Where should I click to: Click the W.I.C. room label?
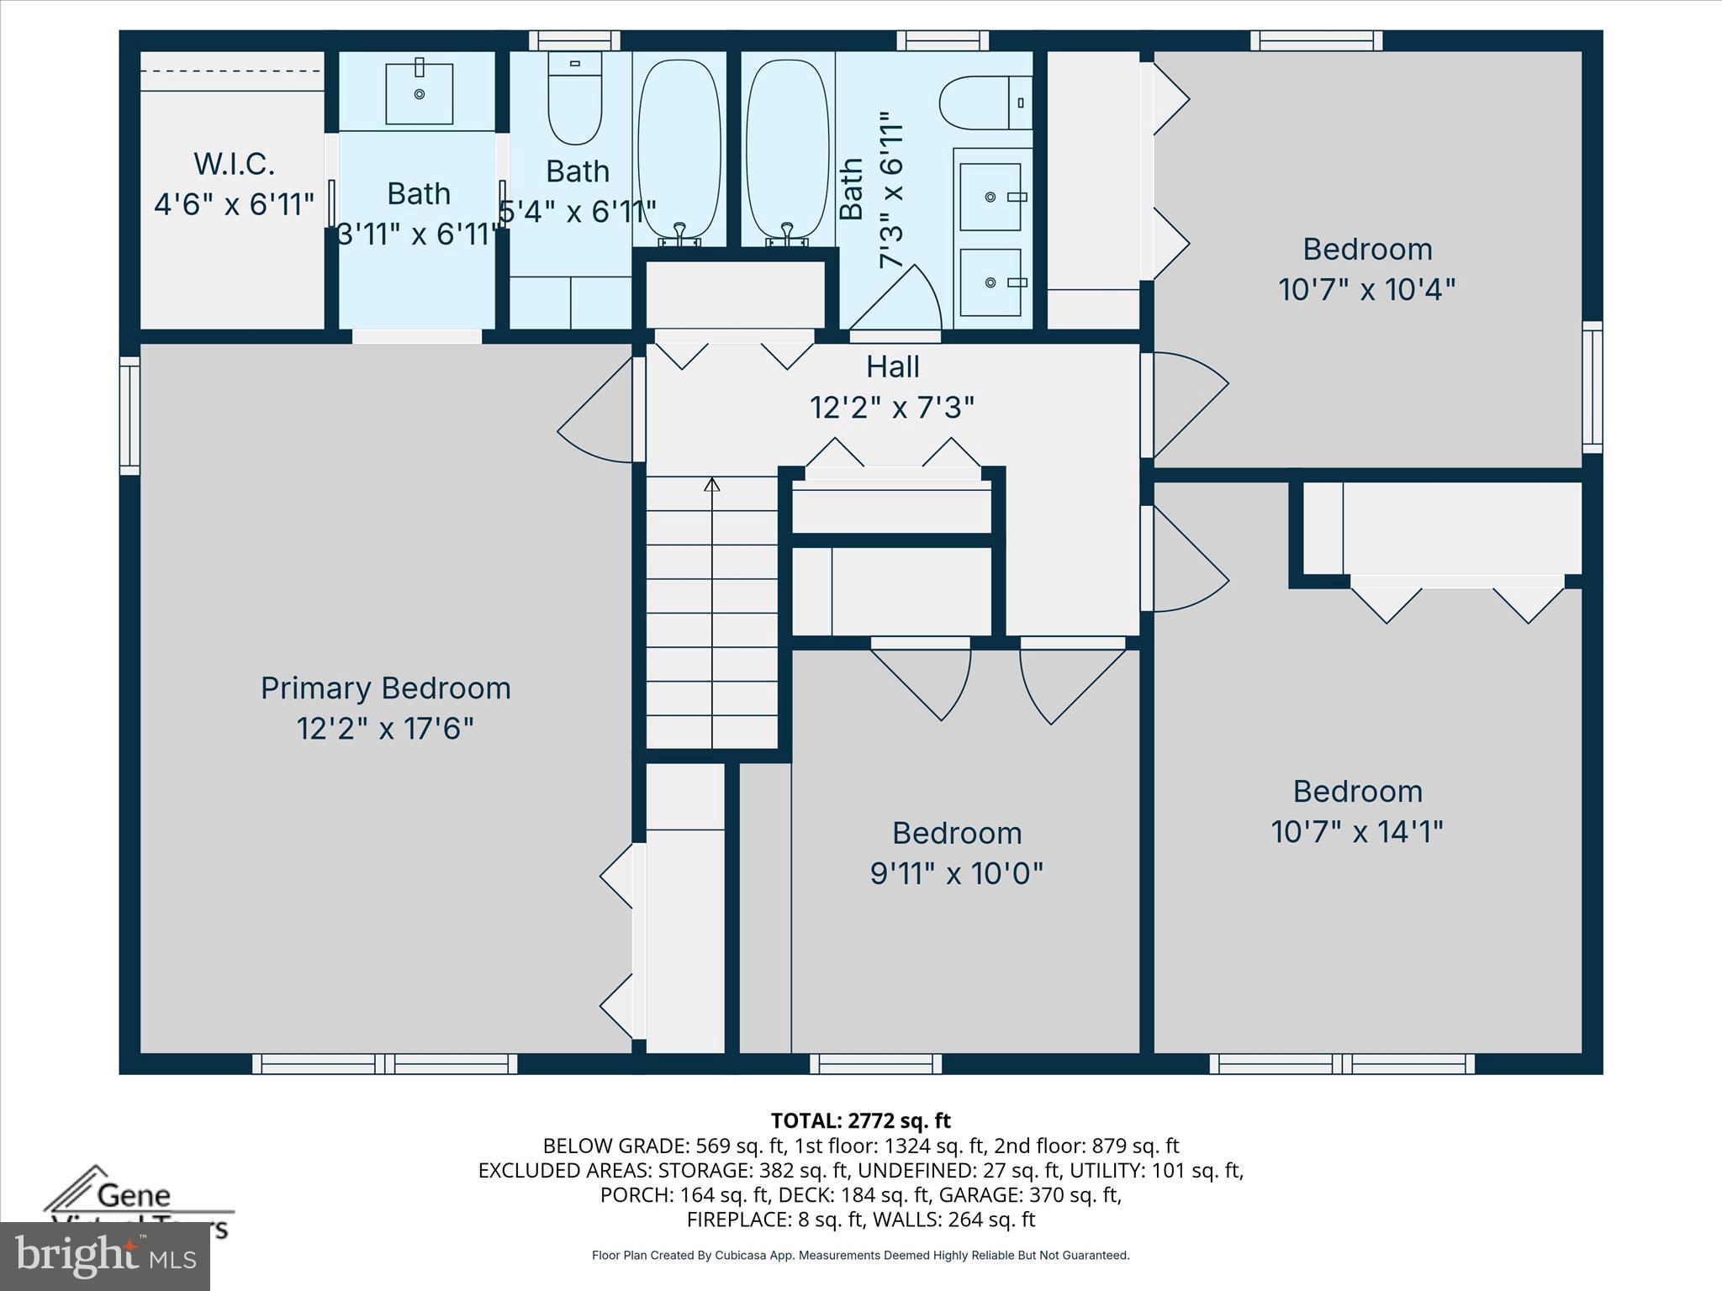(x=234, y=164)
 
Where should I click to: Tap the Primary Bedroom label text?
(x=385, y=688)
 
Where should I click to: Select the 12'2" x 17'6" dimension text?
(x=385, y=729)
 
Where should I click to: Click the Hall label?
(x=892, y=367)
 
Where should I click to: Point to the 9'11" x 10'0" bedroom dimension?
(x=956, y=874)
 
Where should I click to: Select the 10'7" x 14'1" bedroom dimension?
(x=1357, y=832)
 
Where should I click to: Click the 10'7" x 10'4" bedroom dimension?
(x=1366, y=290)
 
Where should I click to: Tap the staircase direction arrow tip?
(x=712, y=482)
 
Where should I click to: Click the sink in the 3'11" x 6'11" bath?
(x=419, y=92)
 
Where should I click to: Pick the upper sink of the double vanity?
(x=990, y=197)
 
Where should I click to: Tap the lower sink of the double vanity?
(x=990, y=282)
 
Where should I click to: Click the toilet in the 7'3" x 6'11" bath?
(x=984, y=103)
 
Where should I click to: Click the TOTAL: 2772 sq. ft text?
(x=860, y=1120)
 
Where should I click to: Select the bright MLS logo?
(x=105, y=1256)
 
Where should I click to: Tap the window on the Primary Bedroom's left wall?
(x=129, y=415)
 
